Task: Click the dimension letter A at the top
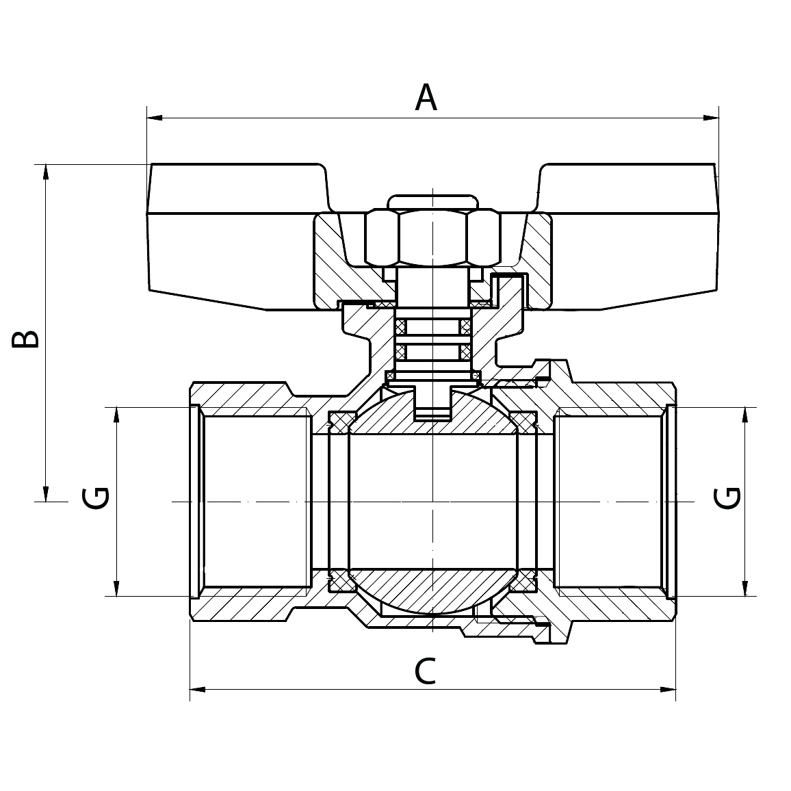point(426,98)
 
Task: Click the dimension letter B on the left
point(25,333)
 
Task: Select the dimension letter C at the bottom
point(425,671)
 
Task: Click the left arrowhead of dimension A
point(154,118)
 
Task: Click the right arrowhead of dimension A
point(712,118)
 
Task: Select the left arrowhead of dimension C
point(197,689)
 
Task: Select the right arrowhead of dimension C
point(668,689)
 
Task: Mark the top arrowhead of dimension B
point(46,172)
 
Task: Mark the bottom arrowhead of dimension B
point(46,493)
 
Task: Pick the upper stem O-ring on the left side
point(400,327)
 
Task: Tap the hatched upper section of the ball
point(432,411)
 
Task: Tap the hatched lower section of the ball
point(432,591)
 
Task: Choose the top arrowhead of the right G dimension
point(744,415)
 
